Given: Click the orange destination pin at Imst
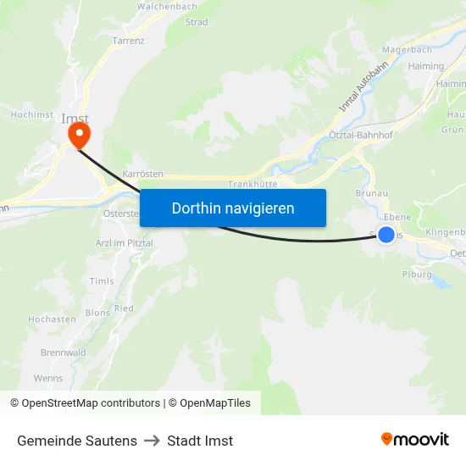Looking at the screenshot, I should point(80,134).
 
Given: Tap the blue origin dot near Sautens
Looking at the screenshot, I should point(386,235).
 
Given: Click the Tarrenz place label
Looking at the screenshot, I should point(128,40).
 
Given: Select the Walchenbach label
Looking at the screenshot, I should point(167,6).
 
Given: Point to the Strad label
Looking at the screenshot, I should point(196,22).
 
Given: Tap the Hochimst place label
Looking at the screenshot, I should point(32,114).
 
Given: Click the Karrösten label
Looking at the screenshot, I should point(142,173).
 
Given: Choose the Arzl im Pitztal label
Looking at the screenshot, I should point(124,242).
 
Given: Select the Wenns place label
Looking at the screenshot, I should point(48,378).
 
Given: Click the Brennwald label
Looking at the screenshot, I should point(63,352).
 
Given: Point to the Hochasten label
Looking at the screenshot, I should point(53,319).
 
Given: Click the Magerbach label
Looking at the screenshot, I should point(402,50).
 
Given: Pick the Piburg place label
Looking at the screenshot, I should point(417,275).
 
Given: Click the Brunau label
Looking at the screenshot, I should point(372,193).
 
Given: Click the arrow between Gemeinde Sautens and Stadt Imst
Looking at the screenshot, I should point(152,441).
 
